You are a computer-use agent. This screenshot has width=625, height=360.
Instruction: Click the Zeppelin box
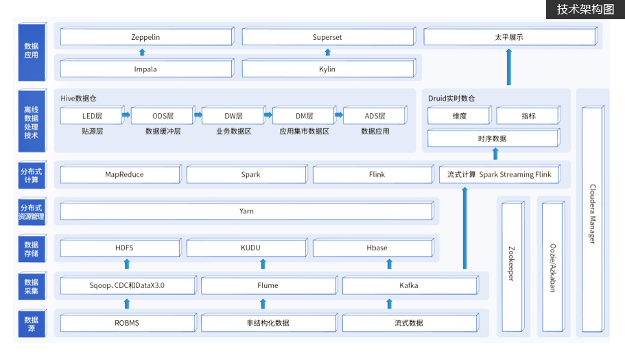tap(147, 36)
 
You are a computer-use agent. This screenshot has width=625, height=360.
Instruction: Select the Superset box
tap(329, 36)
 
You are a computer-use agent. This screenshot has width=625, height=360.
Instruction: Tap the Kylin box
tap(329, 69)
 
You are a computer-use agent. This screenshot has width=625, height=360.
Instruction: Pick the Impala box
tap(147, 69)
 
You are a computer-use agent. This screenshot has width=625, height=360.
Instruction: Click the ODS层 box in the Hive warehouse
tap(163, 115)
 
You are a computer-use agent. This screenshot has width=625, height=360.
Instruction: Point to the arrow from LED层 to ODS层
tap(126, 115)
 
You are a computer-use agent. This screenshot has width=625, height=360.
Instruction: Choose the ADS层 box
tap(375, 115)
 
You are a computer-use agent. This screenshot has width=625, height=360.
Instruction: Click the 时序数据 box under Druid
tap(493, 139)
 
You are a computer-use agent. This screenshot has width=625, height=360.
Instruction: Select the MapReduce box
tap(121, 174)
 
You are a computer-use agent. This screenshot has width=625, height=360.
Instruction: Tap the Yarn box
tap(247, 211)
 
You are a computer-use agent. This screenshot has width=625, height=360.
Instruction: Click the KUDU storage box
tap(247, 248)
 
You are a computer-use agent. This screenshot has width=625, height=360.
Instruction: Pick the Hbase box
tap(373, 248)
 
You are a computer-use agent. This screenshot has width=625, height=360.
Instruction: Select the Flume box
tap(269, 285)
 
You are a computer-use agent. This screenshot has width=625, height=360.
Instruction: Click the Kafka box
tap(410, 285)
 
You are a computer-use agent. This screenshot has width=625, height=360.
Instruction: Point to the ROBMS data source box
tap(128, 322)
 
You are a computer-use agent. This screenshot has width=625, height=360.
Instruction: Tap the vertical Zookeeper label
tap(511, 263)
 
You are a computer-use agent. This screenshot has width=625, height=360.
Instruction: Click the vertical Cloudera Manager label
tap(593, 214)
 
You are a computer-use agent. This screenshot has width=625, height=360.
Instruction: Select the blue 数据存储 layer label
tap(32, 248)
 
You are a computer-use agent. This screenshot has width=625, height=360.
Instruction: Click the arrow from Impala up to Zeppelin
tap(142, 52)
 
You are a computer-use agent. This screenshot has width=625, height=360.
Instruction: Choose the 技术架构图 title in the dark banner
tap(585, 9)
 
